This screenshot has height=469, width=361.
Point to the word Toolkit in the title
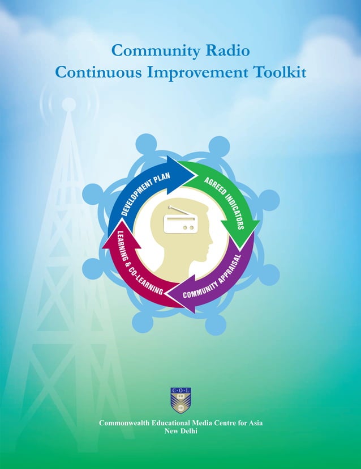[x=281, y=73]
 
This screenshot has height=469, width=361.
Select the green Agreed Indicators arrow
[x=224, y=196]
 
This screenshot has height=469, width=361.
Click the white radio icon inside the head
[x=180, y=221]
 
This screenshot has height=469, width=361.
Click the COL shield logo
[x=180, y=400]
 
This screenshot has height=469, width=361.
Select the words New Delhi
[x=180, y=431]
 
